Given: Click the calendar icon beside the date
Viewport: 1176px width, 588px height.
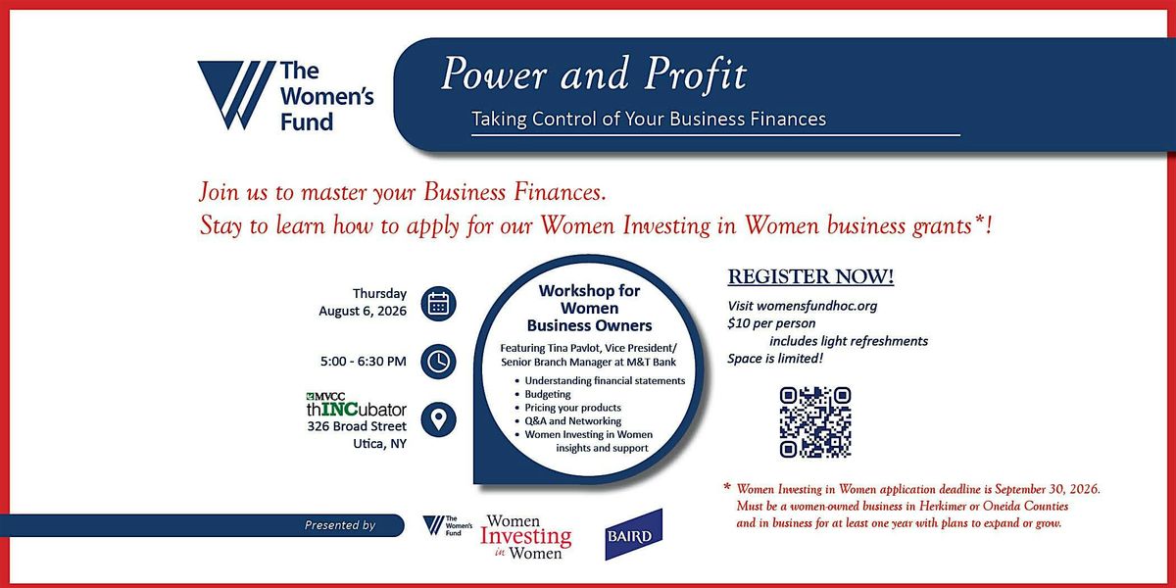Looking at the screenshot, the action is click(438, 304).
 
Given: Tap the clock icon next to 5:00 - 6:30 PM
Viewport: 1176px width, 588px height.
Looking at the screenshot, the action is click(438, 362).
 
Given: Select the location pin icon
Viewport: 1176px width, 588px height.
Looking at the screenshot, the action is click(438, 419).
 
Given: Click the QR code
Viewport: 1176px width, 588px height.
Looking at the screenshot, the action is click(815, 422).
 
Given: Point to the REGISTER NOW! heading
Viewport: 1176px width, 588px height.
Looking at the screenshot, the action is click(810, 276).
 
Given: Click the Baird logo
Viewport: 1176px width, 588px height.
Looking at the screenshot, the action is click(634, 534).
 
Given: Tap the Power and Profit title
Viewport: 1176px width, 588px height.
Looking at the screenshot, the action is click(594, 74).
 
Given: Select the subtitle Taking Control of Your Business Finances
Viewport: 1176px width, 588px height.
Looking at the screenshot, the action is click(649, 120).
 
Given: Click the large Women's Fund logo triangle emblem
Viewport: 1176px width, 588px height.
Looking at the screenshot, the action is click(236, 94).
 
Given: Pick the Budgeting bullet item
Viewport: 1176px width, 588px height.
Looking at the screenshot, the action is click(548, 394).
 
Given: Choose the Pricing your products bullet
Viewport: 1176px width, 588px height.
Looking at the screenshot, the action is click(572, 408).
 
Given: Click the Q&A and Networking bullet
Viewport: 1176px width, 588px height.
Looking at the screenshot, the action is click(572, 421).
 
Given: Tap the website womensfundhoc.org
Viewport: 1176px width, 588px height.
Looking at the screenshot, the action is click(817, 306).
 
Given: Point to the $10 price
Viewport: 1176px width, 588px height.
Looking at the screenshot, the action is click(739, 322).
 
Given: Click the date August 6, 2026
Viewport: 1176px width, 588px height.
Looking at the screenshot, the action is click(363, 311).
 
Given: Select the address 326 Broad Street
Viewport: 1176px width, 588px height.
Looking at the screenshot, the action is click(357, 426).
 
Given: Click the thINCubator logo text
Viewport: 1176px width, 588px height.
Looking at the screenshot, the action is click(357, 409).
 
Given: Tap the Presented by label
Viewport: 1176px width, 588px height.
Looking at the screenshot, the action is click(340, 525).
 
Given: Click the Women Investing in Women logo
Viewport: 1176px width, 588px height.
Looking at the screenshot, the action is click(526, 537).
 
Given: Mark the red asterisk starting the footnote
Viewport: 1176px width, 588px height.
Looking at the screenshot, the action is click(727, 487).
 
